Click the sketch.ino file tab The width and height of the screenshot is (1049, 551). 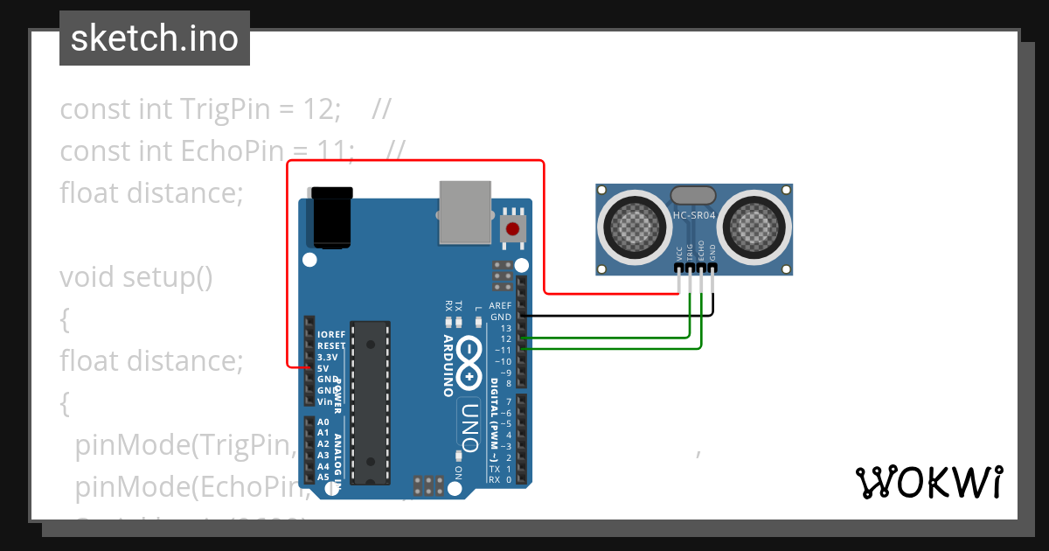click(x=155, y=38)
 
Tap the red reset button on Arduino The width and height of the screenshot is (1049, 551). click(x=512, y=230)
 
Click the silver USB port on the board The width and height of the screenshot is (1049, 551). click(x=466, y=212)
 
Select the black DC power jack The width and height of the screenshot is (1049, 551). click(x=332, y=217)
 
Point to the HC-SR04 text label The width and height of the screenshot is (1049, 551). click(x=694, y=215)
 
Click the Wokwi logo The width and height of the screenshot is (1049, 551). click(x=928, y=482)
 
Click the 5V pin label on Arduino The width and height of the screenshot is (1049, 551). click(x=323, y=368)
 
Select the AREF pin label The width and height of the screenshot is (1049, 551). click(x=500, y=306)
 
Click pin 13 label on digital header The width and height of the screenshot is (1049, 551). click(x=505, y=328)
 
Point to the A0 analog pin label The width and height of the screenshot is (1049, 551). click(x=323, y=422)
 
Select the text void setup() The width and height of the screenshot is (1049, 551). click(x=135, y=277)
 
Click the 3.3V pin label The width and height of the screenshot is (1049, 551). click(x=327, y=357)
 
